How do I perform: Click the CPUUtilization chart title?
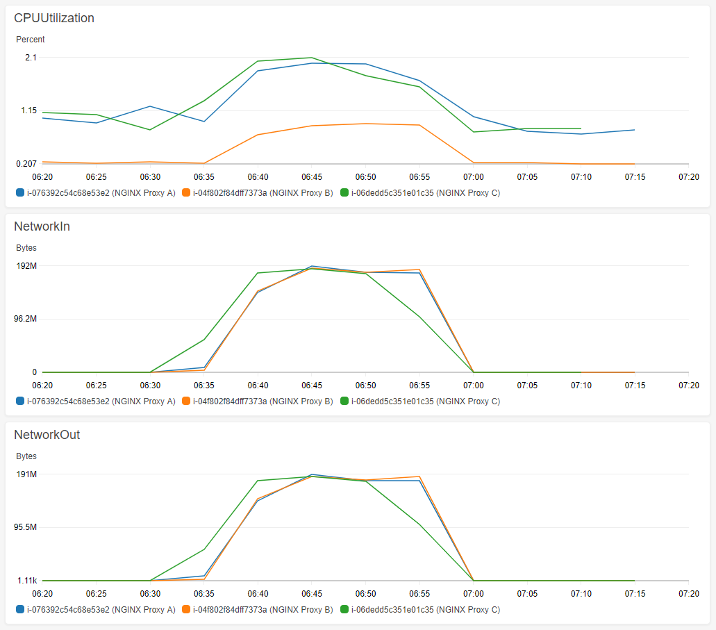(x=54, y=18)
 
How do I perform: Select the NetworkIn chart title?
(x=42, y=226)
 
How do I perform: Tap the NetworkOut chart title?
(x=47, y=435)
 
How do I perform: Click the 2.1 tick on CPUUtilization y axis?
(x=31, y=57)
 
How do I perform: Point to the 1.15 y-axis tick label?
(x=28, y=110)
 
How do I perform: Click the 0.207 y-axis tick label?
(x=26, y=164)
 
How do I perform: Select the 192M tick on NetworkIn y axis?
(x=26, y=265)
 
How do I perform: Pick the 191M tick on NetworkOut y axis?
(x=26, y=474)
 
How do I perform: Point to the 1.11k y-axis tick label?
(x=26, y=581)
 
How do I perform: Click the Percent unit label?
(x=31, y=39)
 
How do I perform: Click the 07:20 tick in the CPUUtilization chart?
(x=689, y=177)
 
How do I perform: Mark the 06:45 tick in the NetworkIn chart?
(x=312, y=386)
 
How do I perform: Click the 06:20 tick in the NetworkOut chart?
(x=42, y=594)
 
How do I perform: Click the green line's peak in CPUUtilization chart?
(x=311, y=58)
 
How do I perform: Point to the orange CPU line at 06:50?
(x=365, y=124)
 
